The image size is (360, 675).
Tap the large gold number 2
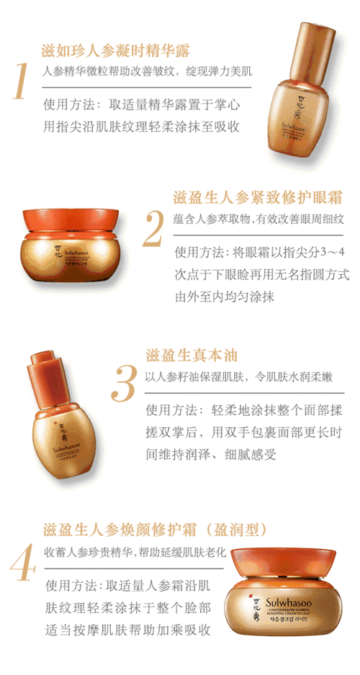(153, 228)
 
